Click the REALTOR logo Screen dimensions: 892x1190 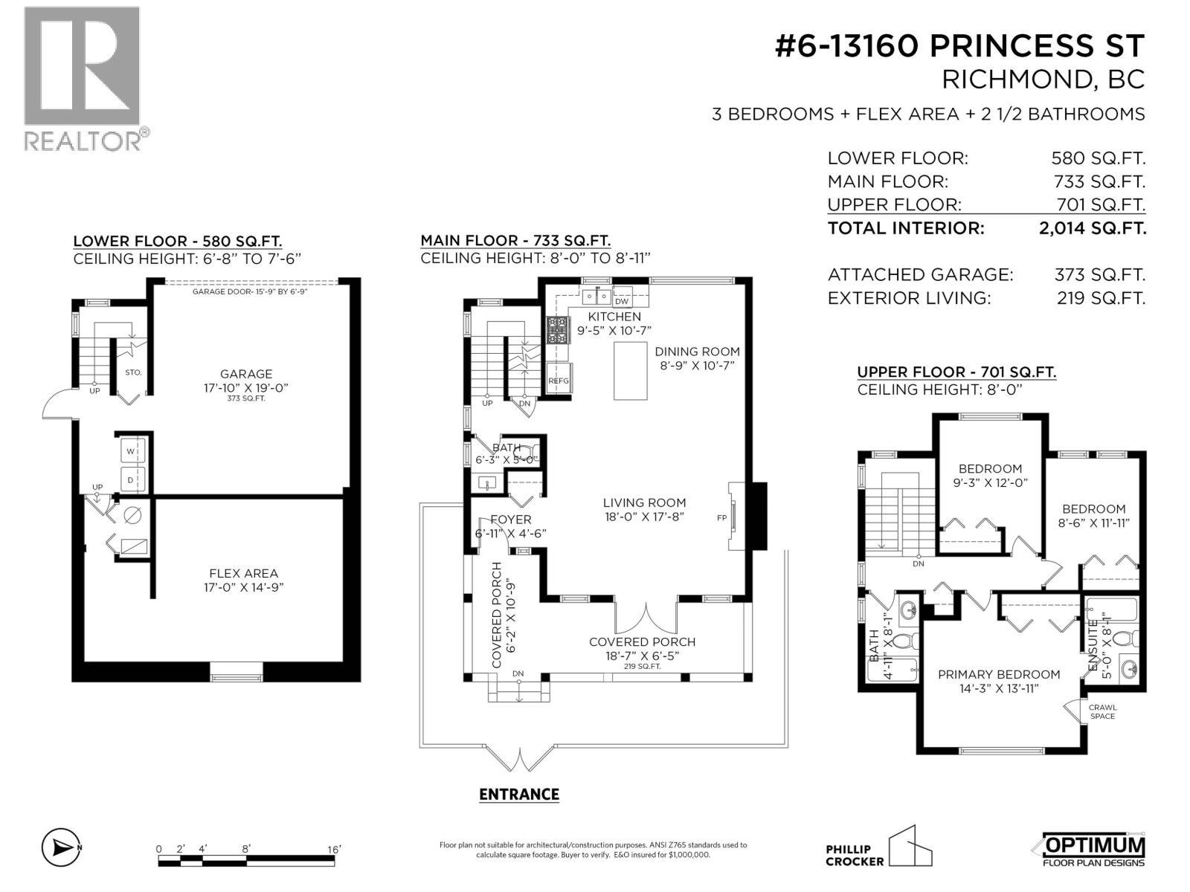pyautogui.click(x=82, y=78)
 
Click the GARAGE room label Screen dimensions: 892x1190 pyautogui.click(x=246, y=374)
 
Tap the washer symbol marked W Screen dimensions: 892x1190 pyautogui.click(x=131, y=451)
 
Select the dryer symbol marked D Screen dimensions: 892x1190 pyautogui.click(x=131, y=479)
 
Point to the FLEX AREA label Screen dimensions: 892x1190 pyautogui.click(x=243, y=573)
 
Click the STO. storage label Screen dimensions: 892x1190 pyautogui.click(x=133, y=372)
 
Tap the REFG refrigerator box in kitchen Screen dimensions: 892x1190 pyautogui.click(x=559, y=381)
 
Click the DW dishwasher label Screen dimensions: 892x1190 pyautogui.click(x=622, y=301)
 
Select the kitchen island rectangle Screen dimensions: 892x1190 pyautogui.click(x=630, y=371)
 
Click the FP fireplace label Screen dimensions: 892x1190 pyautogui.click(x=721, y=517)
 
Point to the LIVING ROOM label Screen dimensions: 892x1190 pyautogui.click(x=644, y=502)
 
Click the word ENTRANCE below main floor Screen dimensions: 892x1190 pyautogui.click(x=518, y=794)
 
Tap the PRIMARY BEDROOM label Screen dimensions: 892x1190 pyautogui.click(x=998, y=674)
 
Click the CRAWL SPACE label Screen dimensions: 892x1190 pyautogui.click(x=1102, y=711)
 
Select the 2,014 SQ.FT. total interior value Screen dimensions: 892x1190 pyautogui.click(x=1092, y=228)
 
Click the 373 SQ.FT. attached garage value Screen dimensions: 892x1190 pyautogui.click(x=1099, y=274)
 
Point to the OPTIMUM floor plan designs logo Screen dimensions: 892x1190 pyautogui.click(x=1093, y=850)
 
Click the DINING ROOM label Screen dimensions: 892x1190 pyautogui.click(x=697, y=352)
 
